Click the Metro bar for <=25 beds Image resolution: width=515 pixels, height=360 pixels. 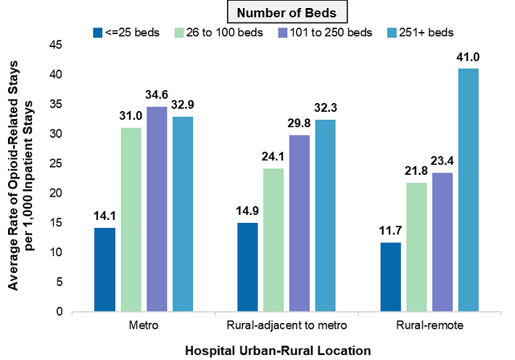point(104,269)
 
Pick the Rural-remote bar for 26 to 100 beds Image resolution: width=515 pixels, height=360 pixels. point(417,247)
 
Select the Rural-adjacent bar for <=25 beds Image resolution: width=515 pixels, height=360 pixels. point(248,267)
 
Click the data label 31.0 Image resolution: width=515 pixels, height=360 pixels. point(131,115)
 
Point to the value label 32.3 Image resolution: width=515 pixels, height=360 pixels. point(325,107)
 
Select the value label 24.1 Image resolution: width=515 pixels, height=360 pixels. point(273,156)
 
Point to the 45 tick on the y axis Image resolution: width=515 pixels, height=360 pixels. point(74,45)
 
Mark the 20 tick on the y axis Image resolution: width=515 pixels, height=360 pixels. point(74,193)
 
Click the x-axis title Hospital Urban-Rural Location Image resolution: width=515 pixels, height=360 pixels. point(278,349)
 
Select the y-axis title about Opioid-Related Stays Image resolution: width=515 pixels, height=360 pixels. point(22,178)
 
